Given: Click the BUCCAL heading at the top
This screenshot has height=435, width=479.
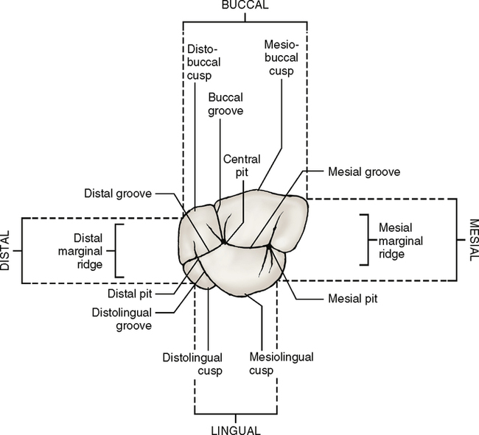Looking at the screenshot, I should click(x=245, y=5).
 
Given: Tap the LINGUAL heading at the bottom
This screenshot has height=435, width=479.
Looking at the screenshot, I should click(x=234, y=429).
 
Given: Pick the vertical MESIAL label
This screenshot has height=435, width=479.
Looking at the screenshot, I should click(x=472, y=241).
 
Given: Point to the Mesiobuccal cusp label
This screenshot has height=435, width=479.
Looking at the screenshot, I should click(x=281, y=56).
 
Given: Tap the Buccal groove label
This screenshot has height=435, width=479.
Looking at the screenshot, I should click(x=226, y=104).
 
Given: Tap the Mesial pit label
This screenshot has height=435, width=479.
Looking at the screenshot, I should click(x=349, y=300).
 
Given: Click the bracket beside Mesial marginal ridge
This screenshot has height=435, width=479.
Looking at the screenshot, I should click(x=363, y=240).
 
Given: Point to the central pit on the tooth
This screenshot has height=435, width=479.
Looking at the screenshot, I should click(x=223, y=241).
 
